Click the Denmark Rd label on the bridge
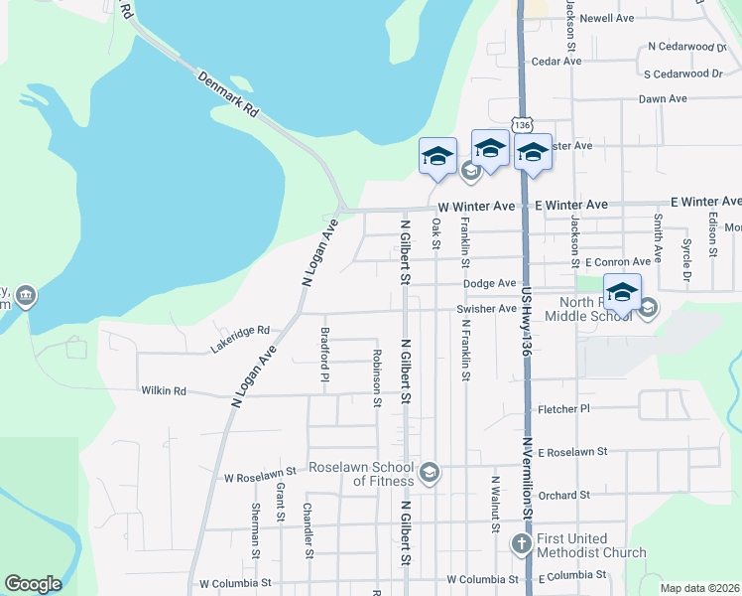click(x=227, y=94)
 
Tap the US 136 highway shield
click(x=523, y=124)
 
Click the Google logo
click(x=33, y=584)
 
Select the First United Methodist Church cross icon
click(x=522, y=543)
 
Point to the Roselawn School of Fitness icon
click(x=430, y=472)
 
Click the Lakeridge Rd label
click(x=240, y=338)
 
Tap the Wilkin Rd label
click(x=164, y=391)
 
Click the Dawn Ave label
click(x=664, y=99)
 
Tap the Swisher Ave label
click(x=486, y=309)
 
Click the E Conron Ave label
click(x=617, y=262)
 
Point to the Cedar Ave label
click(x=556, y=62)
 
